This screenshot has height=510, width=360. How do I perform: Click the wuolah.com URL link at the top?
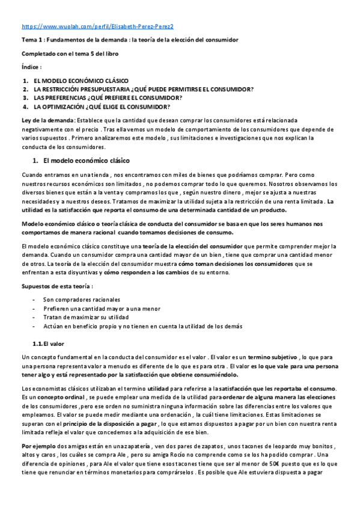pyautogui.click(x=97, y=27)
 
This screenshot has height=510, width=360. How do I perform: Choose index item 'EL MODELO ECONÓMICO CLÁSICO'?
pyautogui.click(x=81, y=81)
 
